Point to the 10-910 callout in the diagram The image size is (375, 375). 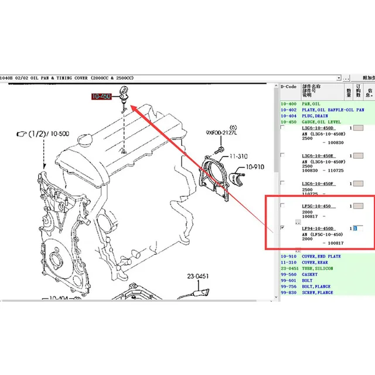point(255,166)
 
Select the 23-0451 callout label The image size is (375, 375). point(199,277)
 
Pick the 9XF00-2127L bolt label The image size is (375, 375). point(221,133)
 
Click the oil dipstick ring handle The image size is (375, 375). point(124,90)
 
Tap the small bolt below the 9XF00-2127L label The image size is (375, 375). point(219,150)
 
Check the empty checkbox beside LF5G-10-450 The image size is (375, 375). point(283,206)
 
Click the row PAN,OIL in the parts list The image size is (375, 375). point(311,104)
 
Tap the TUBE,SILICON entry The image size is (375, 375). point(317,268)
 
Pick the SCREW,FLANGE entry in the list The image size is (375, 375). point(317,292)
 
